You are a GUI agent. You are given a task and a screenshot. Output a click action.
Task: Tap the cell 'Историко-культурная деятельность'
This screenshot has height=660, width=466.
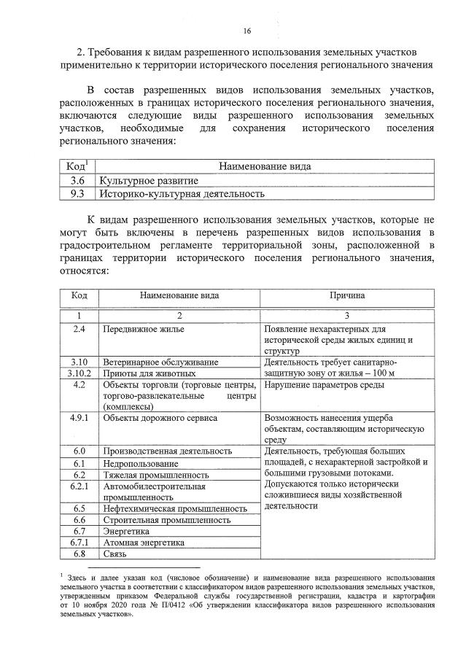182,194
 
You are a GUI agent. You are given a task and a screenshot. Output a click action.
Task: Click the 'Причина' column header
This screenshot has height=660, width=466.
347,296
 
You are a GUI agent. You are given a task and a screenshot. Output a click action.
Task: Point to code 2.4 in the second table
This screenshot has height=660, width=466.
79,330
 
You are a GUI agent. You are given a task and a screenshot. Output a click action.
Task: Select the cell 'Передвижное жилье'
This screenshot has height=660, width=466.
144,330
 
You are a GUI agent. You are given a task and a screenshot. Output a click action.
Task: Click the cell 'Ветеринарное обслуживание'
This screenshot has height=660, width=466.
160,362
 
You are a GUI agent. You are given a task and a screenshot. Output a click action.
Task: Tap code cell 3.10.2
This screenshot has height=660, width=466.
79,373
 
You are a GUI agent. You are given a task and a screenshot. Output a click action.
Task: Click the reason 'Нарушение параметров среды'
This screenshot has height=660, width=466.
324,384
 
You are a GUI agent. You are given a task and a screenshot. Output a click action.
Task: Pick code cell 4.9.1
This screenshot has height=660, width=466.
79,419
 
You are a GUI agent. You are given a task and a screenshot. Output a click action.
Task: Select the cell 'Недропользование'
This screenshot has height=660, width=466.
141,463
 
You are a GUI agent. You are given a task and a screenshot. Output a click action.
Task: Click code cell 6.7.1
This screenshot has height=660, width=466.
79,543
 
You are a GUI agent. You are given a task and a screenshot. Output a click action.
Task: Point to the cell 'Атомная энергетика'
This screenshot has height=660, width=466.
146,543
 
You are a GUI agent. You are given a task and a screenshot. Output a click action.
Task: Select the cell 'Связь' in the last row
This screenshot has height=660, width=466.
117,554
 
